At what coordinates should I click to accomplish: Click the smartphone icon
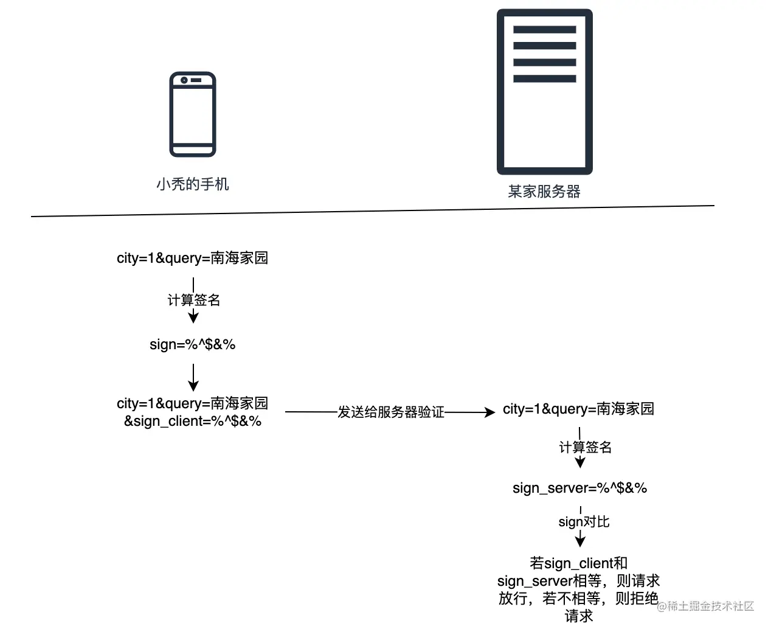click(192, 114)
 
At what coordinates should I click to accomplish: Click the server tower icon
click(544, 92)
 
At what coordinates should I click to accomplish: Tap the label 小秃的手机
click(192, 184)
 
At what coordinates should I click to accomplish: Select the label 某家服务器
click(544, 192)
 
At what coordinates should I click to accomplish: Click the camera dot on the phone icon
click(184, 80)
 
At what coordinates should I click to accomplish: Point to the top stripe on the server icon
click(544, 29)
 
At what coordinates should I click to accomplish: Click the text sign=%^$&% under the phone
click(192, 344)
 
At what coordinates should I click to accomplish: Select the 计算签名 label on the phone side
click(193, 300)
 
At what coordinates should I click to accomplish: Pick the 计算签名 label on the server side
click(585, 447)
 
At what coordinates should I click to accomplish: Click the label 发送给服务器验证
click(391, 412)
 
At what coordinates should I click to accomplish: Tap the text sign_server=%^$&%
click(579, 488)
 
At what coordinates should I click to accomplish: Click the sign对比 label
click(584, 522)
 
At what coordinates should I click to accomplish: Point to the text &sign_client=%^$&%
click(192, 421)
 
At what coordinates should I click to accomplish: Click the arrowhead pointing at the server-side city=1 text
click(489, 412)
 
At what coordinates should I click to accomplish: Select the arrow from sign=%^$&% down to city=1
click(193, 377)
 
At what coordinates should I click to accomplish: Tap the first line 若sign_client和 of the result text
click(578, 563)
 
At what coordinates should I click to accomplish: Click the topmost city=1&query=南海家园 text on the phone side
click(192, 258)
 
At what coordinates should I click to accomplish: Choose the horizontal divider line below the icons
click(372, 211)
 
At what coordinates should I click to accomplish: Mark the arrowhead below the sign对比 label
click(580, 541)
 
